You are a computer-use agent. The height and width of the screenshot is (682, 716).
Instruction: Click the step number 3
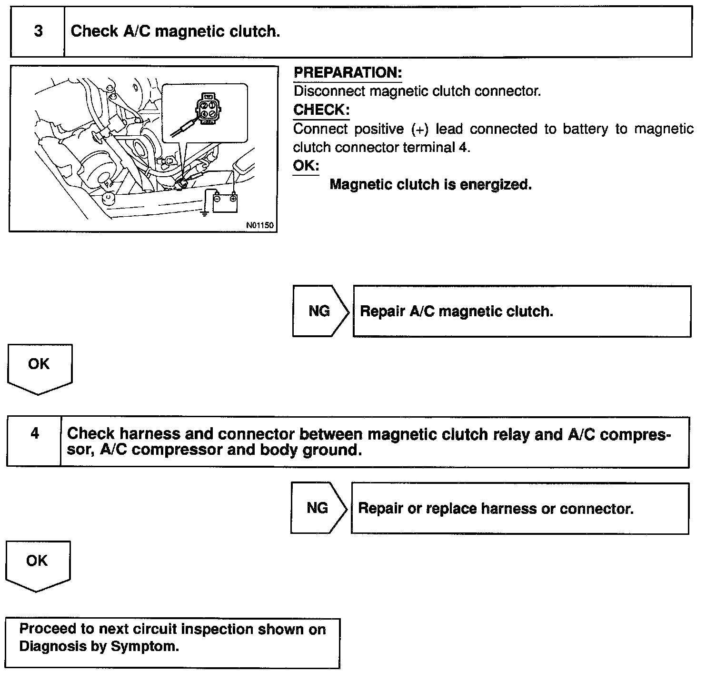[x=38, y=31]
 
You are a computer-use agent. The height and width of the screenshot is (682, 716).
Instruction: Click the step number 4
[x=35, y=433]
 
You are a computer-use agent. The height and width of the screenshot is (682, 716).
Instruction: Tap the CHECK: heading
[x=321, y=110]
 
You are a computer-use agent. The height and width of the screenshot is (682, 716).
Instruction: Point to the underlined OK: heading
[x=306, y=166]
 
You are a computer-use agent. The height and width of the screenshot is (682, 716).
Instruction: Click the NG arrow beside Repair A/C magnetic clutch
[x=319, y=311]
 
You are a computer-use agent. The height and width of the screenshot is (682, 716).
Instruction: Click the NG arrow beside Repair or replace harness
[x=318, y=508]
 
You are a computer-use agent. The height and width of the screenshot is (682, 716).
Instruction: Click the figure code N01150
[x=260, y=225]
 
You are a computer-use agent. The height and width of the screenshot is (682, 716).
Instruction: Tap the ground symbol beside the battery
[x=205, y=213]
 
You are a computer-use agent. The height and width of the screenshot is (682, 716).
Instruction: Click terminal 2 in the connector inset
[x=204, y=105]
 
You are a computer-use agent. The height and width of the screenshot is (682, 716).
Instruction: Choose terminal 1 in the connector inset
[x=211, y=105]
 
